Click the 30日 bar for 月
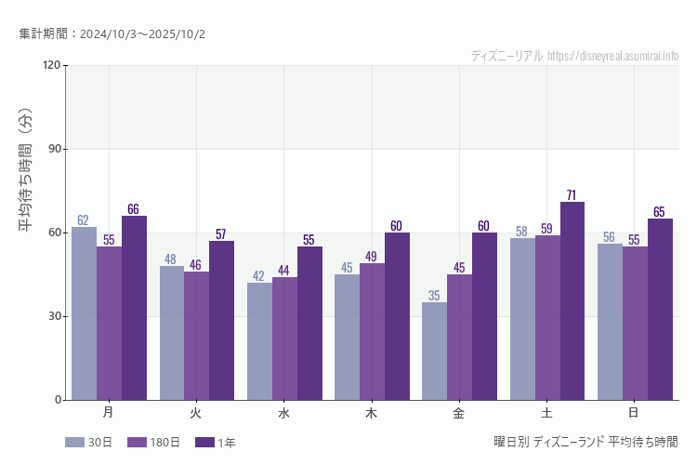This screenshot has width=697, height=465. (84, 313)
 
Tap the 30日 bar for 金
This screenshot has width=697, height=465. (434, 351)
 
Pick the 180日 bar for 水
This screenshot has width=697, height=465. (284, 339)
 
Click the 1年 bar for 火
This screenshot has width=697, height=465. (221, 320)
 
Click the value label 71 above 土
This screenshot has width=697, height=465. (572, 195)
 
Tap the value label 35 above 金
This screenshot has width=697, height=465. (434, 296)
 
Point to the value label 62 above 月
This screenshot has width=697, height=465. (84, 220)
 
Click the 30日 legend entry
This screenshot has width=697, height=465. (89, 443)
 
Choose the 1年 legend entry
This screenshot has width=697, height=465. (216, 443)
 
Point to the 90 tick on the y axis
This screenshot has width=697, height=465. (51, 149)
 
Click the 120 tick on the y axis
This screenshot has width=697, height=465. (50, 65)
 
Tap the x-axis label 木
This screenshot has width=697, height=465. (372, 412)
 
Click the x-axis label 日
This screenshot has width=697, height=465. (634, 412)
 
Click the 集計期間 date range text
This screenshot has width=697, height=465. (112, 34)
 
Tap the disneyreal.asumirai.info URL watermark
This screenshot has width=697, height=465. (612, 56)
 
